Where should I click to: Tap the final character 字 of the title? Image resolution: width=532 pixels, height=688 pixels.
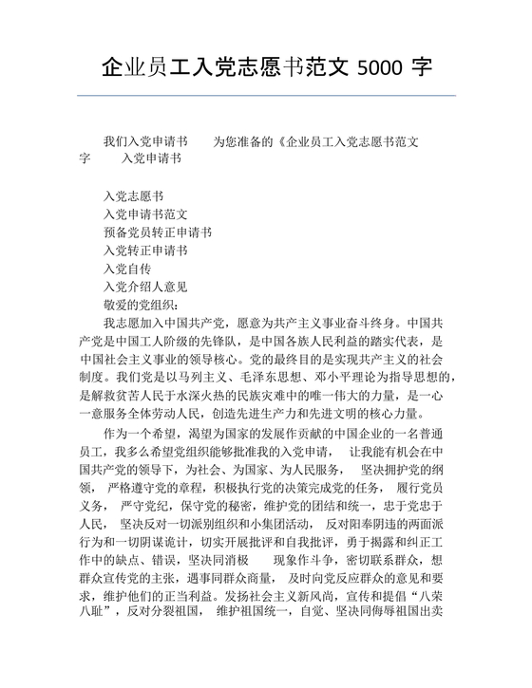[x=422, y=69]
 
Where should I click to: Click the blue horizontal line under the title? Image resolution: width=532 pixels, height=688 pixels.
[x=266, y=95]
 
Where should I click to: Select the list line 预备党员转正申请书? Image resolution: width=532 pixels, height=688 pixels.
[x=158, y=232]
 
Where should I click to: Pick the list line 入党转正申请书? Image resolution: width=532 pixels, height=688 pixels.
[x=145, y=251]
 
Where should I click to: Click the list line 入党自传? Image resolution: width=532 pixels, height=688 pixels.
[x=127, y=269]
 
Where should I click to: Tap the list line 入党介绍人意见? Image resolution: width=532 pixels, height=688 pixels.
[x=145, y=287]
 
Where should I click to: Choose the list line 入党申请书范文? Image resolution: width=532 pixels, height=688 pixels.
[x=145, y=214]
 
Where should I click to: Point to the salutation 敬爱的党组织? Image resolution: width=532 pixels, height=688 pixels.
[x=140, y=305]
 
